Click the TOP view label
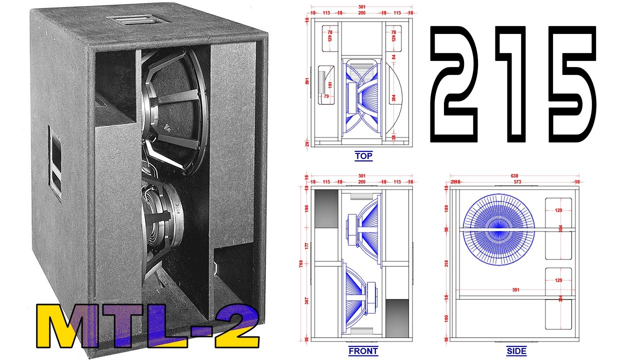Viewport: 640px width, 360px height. (x=363, y=156)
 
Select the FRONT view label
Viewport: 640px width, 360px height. (x=363, y=351)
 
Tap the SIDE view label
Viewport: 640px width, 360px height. (x=516, y=351)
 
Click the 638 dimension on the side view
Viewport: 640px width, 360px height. (x=513, y=176)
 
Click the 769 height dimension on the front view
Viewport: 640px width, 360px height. (x=306, y=264)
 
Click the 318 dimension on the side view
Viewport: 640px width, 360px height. (x=446, y=263)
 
